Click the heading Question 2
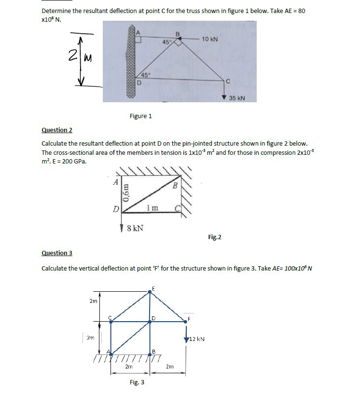[57, 130]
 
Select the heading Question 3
[57, 253]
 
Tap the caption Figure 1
[140, 116]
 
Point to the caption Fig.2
[215, 237]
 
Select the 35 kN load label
[237, 98]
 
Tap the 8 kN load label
[134, 228]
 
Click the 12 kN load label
[197, 339]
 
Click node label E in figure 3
[153, 289]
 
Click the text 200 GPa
[74, 161]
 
